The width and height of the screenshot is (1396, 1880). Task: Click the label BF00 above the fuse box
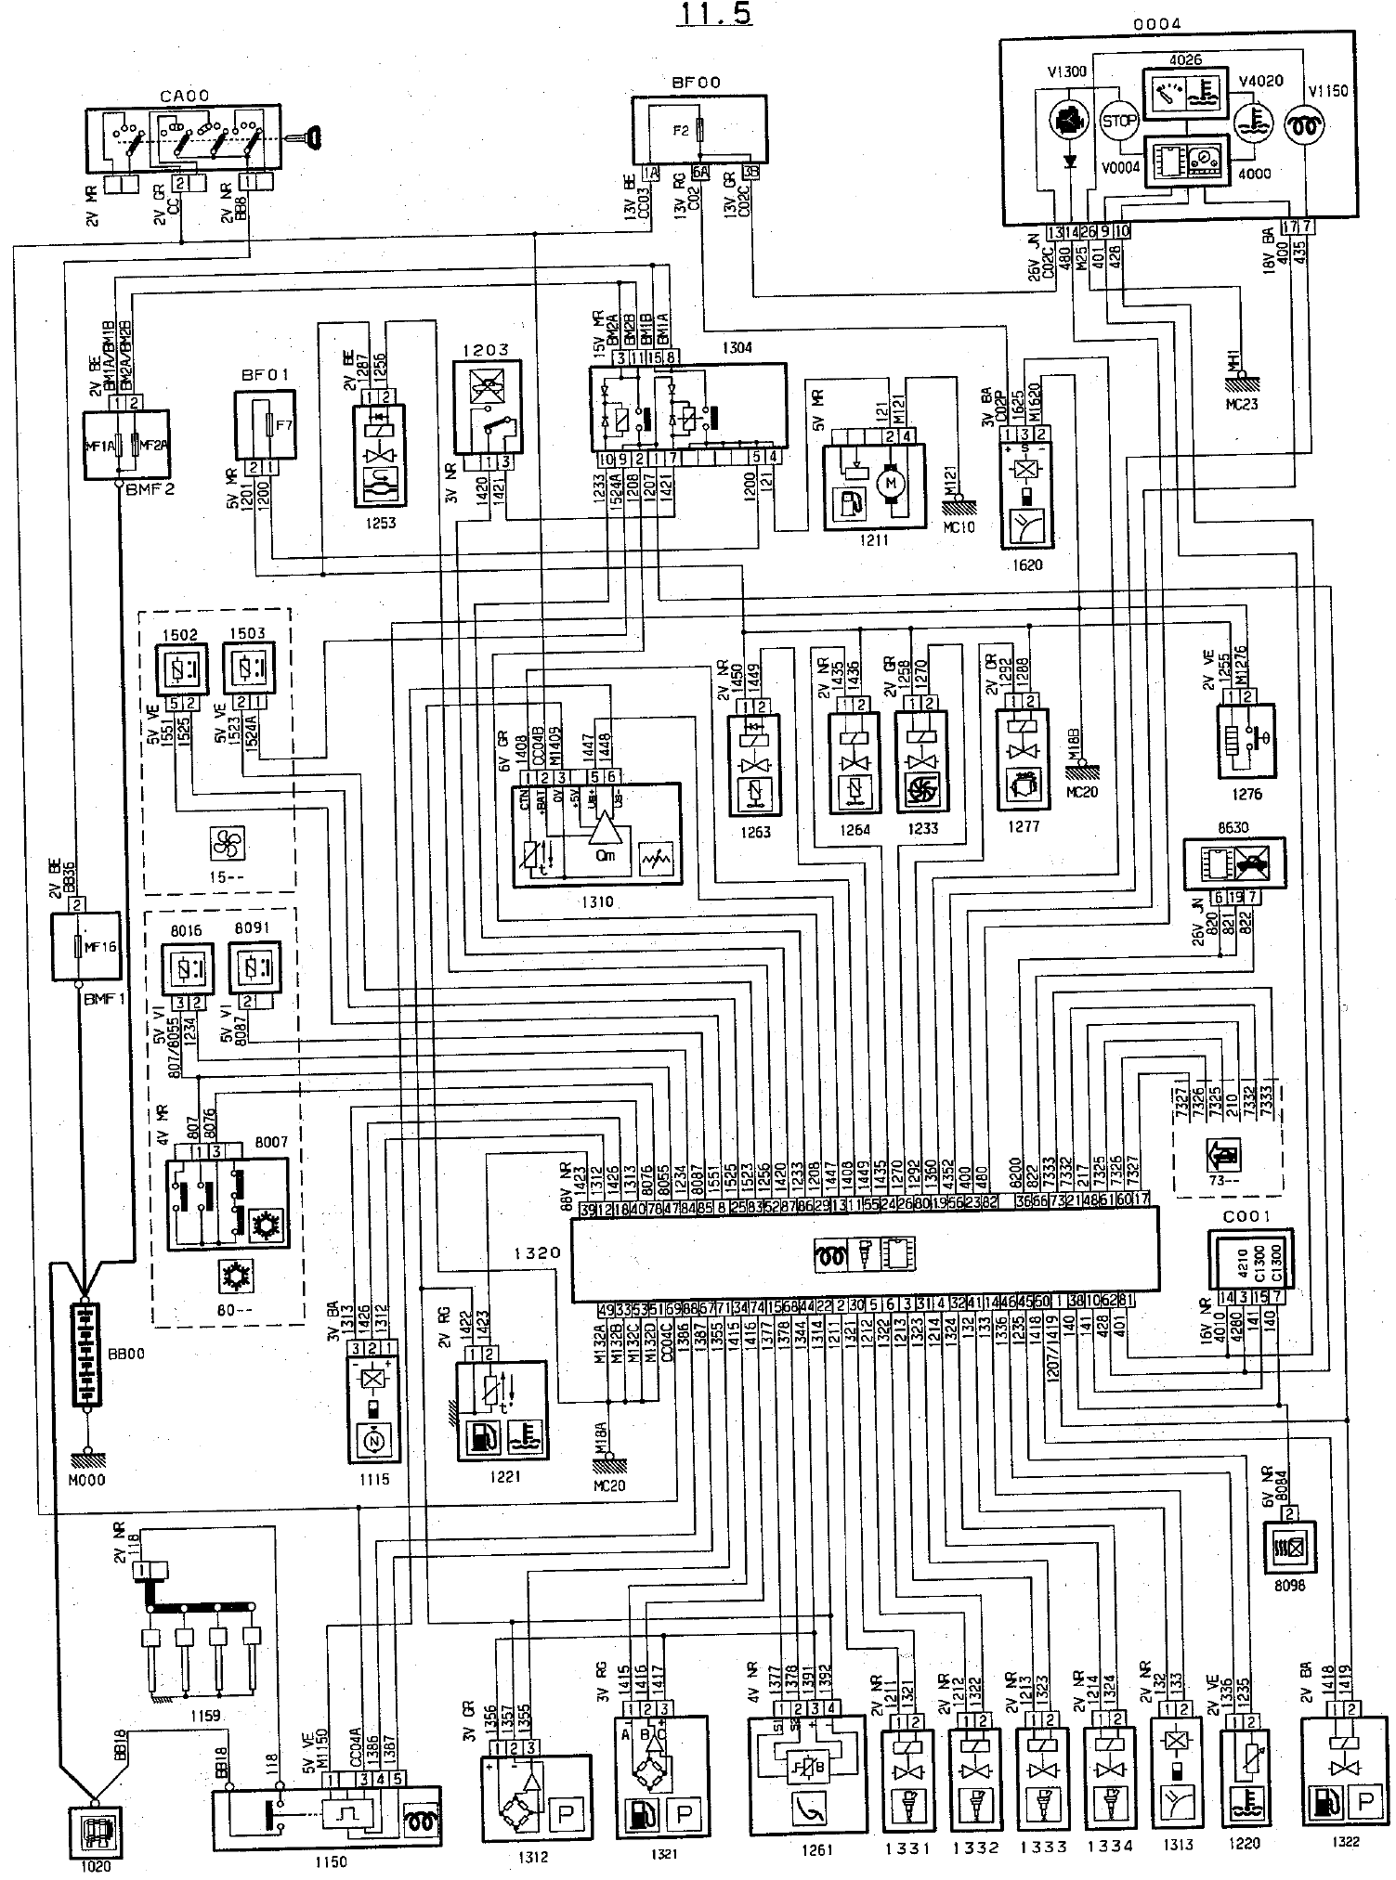[700, 83]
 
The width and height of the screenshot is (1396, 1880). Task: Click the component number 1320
[537, 1252]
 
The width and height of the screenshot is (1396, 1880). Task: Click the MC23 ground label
[1242, 405]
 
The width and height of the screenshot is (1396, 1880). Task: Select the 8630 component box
[1233, 864]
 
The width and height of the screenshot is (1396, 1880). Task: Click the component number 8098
[1290, 1586]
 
